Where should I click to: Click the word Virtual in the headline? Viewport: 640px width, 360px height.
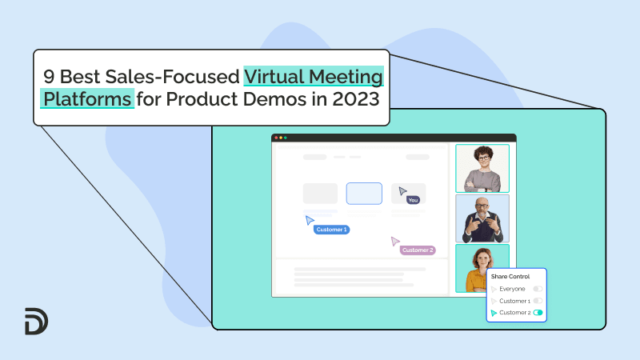(274, 78)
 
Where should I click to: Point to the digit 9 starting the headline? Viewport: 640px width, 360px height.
(47, 78)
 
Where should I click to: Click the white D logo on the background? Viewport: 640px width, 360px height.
(36, 321)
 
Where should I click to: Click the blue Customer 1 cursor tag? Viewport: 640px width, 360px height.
(331, 230)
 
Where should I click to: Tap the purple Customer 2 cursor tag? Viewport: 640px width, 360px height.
(418, 250)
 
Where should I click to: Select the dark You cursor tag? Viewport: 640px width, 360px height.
(413, 200)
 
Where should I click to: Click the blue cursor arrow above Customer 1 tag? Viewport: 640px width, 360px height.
(310, 220)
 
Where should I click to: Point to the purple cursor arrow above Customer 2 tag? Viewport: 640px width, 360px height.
(394, 241)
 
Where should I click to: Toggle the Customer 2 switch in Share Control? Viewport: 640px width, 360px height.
(538, 313)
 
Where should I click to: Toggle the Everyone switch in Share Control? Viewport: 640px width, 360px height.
(538, 288)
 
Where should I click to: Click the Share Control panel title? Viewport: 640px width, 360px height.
(510, 276)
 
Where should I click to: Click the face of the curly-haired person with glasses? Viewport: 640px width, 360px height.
(482, 156)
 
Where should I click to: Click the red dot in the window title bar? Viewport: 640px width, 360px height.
(276, 138)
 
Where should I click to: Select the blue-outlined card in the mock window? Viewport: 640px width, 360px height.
(364, 193)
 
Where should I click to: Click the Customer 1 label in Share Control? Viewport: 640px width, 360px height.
(514, 301)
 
